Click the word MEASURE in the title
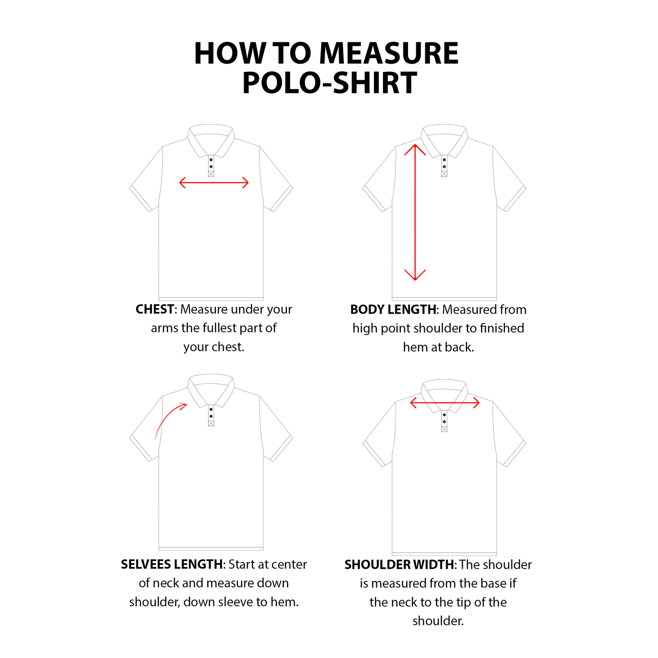(x=388, y=54)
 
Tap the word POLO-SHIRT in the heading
(x=329, y=83)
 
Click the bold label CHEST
(x=155, y=309)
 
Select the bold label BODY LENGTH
(x=393, y=310)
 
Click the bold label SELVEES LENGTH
(x=172, y=565)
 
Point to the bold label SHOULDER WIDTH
(x=399, y=565)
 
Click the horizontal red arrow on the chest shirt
(x=214, y=183)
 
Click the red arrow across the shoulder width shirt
(x=444, y=403)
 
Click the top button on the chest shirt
(x=211, y=160)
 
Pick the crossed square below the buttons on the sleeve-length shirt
(x=211, y=423)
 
